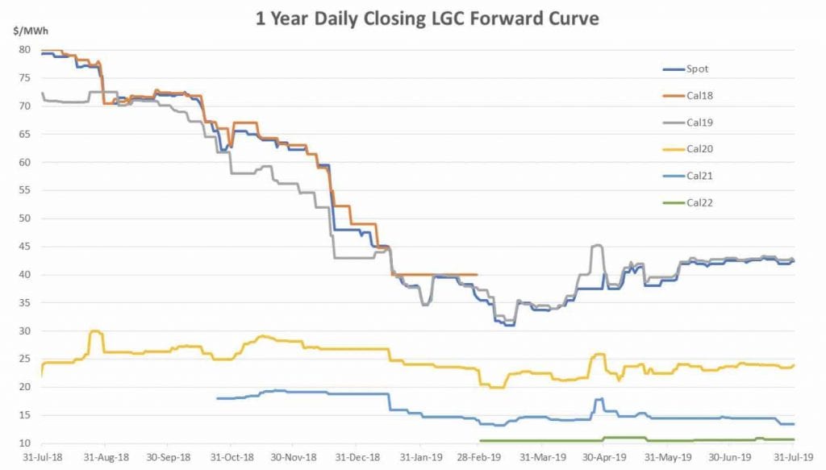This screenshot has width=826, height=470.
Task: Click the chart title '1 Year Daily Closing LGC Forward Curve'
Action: click(428, 19)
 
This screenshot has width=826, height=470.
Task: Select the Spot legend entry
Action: click(698, 69)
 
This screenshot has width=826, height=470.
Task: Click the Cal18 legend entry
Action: click(699, 95)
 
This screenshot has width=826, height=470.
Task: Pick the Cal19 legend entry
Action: click(699, 123)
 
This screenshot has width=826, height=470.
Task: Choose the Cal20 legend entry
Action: click(699, 149)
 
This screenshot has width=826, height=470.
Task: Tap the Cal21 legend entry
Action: click(699, 176)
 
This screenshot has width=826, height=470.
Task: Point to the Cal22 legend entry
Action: click(699, 203)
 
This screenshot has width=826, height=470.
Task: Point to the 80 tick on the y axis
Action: click(24, 50)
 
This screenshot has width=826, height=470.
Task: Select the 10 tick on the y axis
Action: click(24, 443)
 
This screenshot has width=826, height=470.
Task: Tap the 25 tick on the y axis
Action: click(24, 360)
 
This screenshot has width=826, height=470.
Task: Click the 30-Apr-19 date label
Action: click(606, 457)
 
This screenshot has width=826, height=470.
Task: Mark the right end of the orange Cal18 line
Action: click(478, 274)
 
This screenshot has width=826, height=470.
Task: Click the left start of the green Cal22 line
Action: click(480, 440)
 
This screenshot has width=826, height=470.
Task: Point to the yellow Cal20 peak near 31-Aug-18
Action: click(95, 331)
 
